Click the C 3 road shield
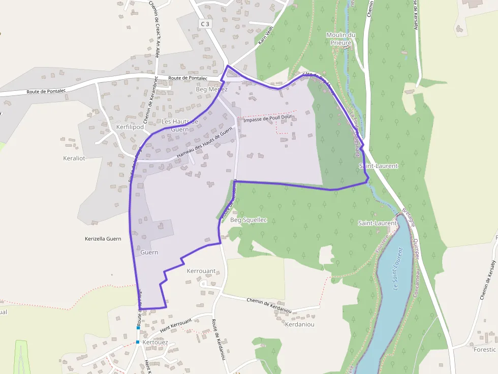coord(205,23)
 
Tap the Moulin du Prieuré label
coord(340,39)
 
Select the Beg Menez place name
coord(211,89)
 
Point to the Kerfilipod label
coord(130,126)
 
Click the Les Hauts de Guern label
coord(179,125)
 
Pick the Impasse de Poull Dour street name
coord(269,118)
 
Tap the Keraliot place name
coord(74,158)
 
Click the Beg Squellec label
coord(248,220)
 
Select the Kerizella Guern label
coord(103,239)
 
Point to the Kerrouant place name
coord(201,271)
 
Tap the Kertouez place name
coord(155,343)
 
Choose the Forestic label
coord(484,349)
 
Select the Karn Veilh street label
coord(265,36)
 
